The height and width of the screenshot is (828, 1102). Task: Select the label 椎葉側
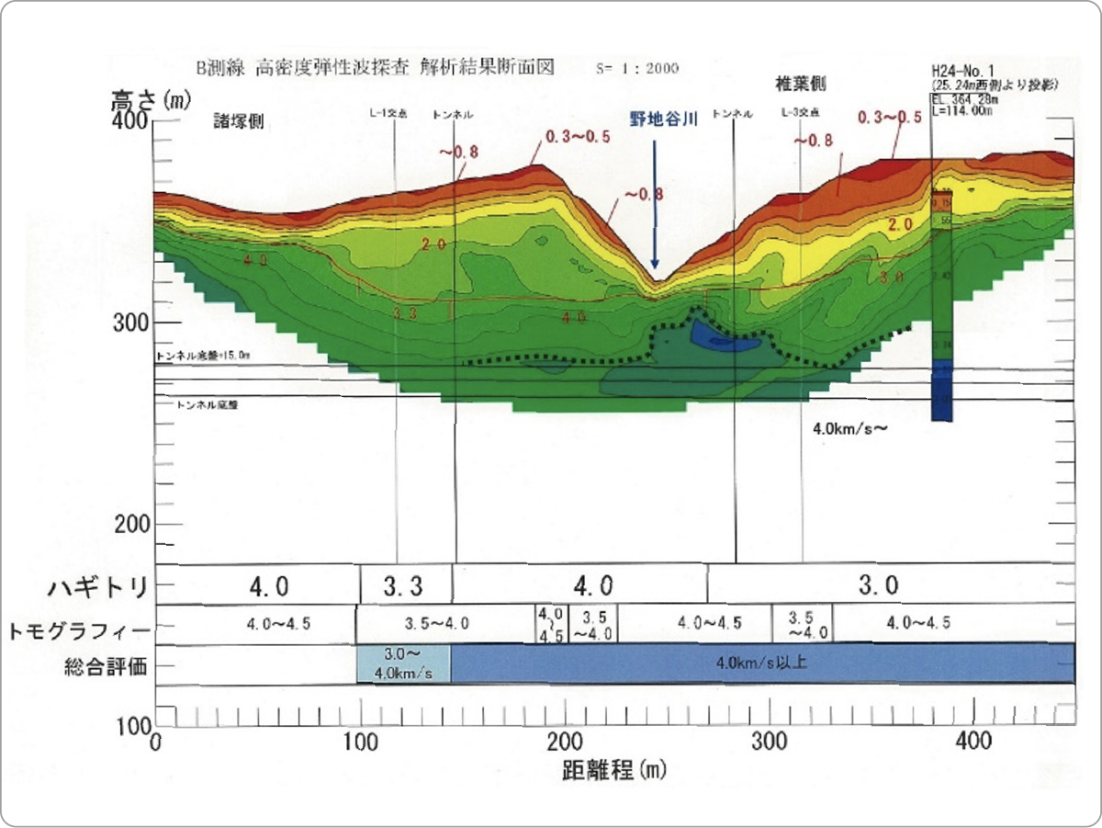coord(801,85)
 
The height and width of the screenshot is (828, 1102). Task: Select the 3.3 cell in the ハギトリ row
coord(405,584)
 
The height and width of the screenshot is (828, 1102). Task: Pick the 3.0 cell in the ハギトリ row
coord(879,584)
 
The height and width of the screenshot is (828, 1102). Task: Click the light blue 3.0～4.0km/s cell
coord(403,664)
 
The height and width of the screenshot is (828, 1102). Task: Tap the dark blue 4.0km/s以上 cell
coord(762,663)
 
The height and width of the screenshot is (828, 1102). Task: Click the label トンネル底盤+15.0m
coord(202,356)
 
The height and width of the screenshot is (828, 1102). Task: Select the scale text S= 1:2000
coord(637,69)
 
